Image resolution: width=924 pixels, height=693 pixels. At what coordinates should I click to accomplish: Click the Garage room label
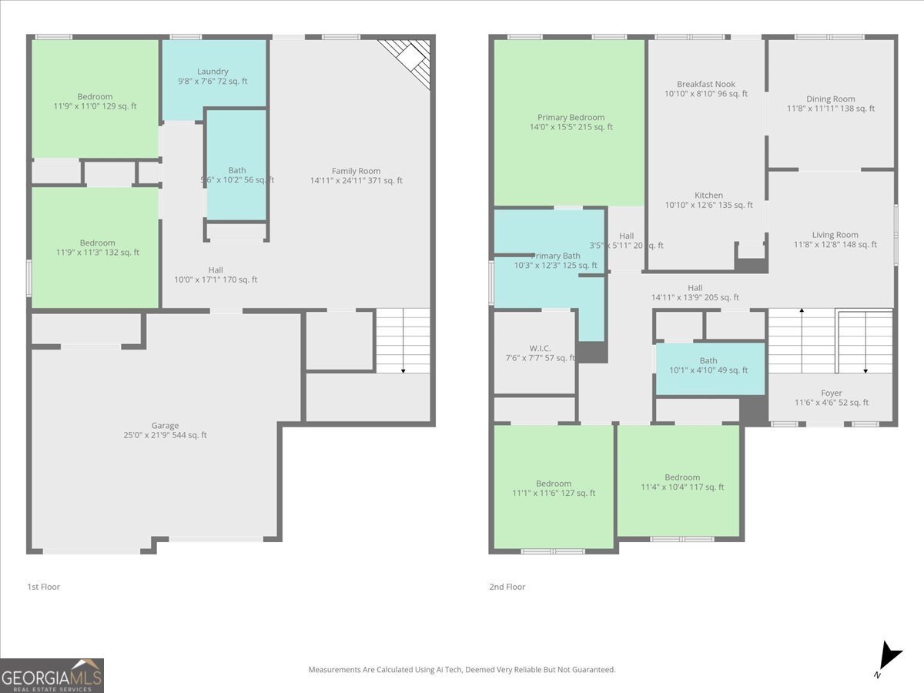pyautogui.click(x=165, y=430)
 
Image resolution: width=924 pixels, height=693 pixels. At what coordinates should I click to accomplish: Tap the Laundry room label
pyautogui.click(x=213, y=76)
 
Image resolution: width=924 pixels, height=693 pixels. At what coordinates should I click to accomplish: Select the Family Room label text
pyautogui.click(x=356, y=176)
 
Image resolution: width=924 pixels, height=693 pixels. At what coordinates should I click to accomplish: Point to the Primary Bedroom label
pyautogui.click(x=571, y=122)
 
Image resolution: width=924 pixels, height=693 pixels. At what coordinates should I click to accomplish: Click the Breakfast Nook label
pyautogui.click(x=705, y=89)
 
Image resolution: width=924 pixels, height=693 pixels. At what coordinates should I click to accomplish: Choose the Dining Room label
pyautogui.click(x=830, y=103)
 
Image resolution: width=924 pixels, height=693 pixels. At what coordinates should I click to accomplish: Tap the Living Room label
pyautogui.click(x=835, y=239)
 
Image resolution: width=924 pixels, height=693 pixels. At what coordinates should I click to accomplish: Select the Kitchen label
pyautogui.click(x=708, y=200)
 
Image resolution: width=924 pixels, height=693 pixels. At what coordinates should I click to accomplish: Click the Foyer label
pyautogui.click(x=831, y=397)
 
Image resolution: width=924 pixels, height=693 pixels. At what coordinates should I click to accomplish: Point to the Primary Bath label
pyautogui.click(x=556, y=260)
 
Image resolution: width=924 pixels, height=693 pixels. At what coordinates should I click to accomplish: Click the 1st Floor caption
pyautogui.click(x=43, y=587)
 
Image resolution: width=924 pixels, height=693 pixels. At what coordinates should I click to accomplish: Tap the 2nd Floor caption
pyautogui.click(x=507, y=587)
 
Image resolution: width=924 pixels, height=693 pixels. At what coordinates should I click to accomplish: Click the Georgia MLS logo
pyautogui.click(x=52, y=675)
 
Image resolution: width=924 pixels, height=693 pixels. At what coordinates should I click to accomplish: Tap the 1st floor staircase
pyautogui.click(x=403, y=340)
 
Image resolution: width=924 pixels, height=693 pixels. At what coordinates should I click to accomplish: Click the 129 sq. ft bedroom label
pyautogui.click(x=95, y=102)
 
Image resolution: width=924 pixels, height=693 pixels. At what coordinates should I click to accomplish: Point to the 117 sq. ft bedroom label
pyautogui.click(x=682, y=482)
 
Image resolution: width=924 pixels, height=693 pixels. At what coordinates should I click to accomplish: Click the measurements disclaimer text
pyautogui.click(x=462, y=670)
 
